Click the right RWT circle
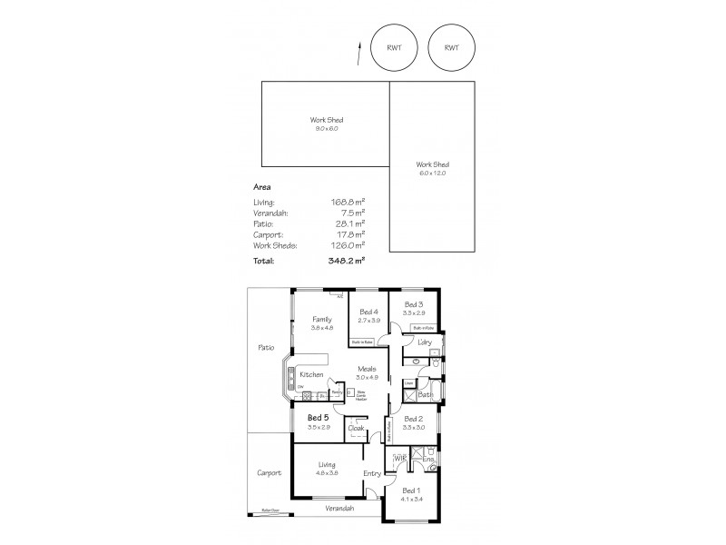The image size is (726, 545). pos(451,46)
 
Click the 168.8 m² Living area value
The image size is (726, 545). pos(348,201)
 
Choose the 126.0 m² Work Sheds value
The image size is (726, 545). pos(348,244)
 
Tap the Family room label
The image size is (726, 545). pos(322,319)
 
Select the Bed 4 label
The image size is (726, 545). pos(368,312)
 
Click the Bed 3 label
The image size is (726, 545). pos(414,304)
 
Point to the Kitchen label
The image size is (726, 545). pos(312,375)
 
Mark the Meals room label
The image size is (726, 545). pos(366,369)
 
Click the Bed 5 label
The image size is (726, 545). pos(317,417)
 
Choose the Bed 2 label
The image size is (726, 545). pos(414,418)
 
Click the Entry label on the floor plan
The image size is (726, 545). pos(372,473)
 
